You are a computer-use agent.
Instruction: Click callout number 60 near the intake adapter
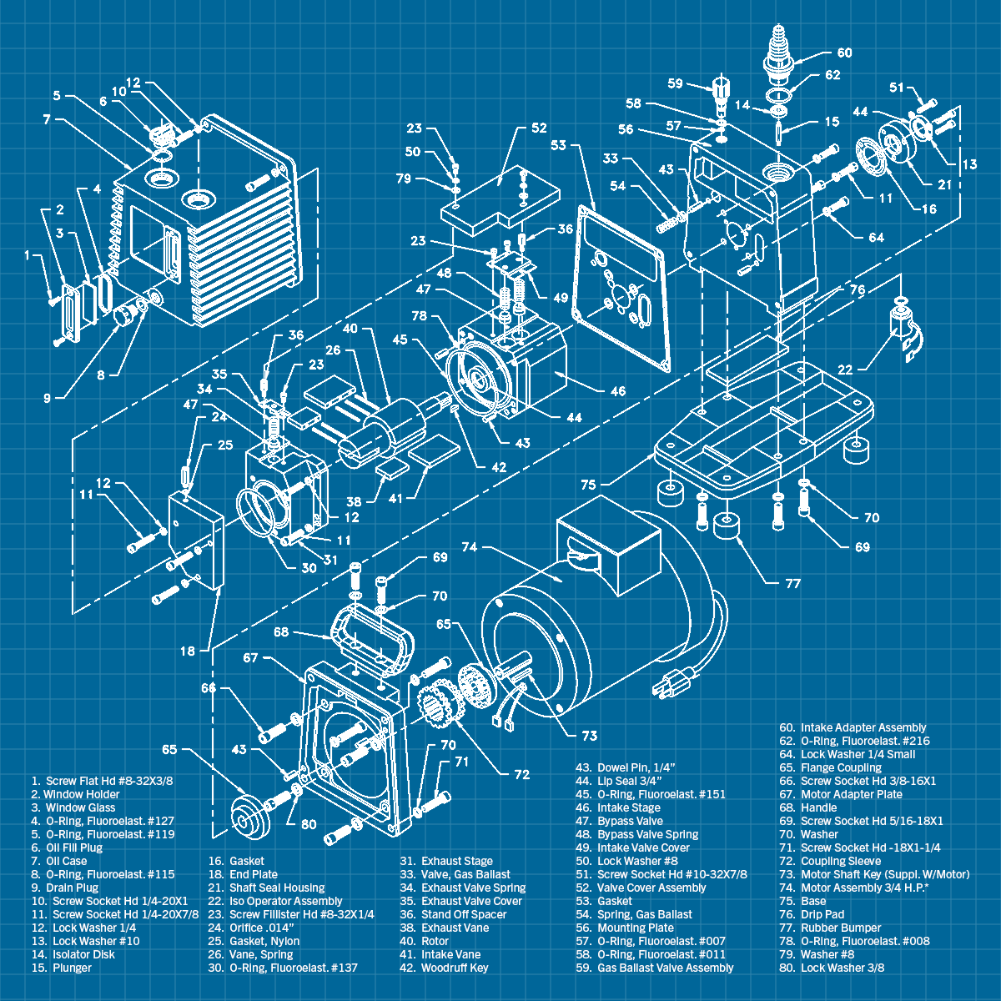(x=844, y=53)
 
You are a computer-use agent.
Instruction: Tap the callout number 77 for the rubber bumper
(x=792, y=583)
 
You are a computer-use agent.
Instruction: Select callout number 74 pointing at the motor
(x=469, y=547)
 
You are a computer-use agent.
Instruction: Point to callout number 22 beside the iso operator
(x=844, y=370)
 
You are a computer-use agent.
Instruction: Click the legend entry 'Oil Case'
(x=66, y=861)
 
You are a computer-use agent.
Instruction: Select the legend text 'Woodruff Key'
(x=455, y=968)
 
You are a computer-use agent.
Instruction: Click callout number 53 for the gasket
(x=558, y=145)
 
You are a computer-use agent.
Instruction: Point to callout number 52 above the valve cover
(x=538, y=128)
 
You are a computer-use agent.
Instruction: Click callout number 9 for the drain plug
(x=48, y=398)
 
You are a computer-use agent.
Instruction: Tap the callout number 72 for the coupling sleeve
(x=521, y=774)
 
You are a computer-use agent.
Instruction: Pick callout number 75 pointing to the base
(x=588, y=485)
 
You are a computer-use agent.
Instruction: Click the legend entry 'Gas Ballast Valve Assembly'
(x=665, y=968)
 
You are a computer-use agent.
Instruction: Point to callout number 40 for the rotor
(x=350, y=329)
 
